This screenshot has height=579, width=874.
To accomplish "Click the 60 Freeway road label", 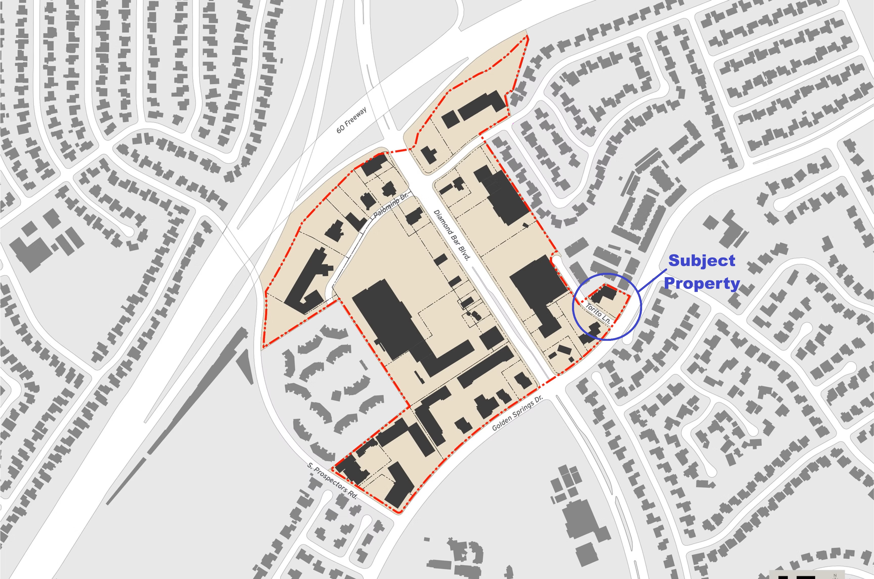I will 351,120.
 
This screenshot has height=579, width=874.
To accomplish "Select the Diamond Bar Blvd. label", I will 451,235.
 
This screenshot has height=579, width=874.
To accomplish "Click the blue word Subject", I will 702,261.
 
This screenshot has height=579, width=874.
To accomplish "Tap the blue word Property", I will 702,284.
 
